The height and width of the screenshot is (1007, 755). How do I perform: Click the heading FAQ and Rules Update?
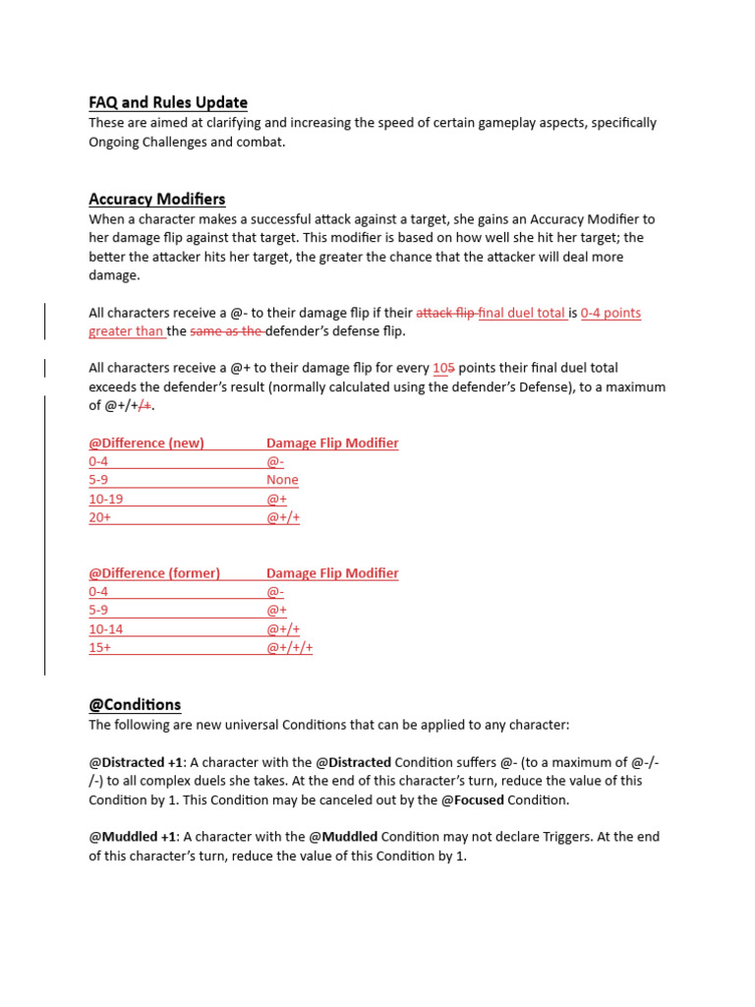coord(167,102)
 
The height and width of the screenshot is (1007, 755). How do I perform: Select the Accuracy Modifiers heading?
coord(156,199)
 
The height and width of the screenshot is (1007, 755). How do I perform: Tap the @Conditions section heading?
coord(135,704)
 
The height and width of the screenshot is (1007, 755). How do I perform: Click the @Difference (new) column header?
coord(146,443)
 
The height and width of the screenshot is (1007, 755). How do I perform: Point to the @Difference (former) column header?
coord(154,572)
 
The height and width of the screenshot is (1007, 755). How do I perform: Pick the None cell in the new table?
coord(282,480)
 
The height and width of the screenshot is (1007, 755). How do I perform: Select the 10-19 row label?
coord(105,499)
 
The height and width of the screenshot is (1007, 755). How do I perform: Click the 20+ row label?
coord(99,517)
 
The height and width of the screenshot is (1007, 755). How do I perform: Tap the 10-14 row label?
coord(105,628)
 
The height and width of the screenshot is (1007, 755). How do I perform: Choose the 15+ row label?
coord(99,647)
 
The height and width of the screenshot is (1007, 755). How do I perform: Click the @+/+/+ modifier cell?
coord(289,647)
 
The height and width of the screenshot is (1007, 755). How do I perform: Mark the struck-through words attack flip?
coord(445,313)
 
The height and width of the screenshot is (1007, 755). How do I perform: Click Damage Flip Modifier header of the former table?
coord(332,572)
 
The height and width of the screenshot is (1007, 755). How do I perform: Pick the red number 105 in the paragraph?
coord(443,368)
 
